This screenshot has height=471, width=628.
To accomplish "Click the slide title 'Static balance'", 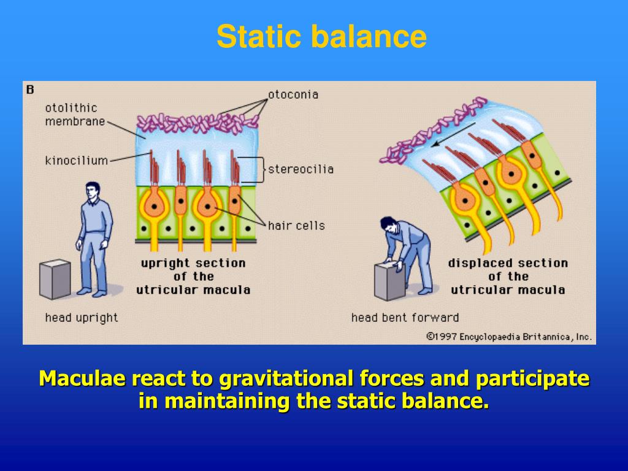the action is (x=321, y=36).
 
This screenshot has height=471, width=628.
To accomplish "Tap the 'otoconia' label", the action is (x=293, y=94).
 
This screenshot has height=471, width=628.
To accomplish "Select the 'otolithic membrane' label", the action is (x=75, y=115).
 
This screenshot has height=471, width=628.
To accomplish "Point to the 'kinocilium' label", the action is (x=77, y=161).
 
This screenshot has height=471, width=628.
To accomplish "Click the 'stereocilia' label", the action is (x=301, y=169).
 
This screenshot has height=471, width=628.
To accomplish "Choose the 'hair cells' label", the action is (x=296, y=226).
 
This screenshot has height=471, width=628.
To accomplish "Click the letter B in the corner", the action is (x=30, y=90).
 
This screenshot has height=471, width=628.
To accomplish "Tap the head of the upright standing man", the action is (x=93, y=191).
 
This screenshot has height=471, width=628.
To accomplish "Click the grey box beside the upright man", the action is (x=55, y=279).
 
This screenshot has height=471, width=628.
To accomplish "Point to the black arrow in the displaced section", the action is (x=453, y=134).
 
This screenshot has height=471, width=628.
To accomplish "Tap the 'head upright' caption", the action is (x=82, y=318).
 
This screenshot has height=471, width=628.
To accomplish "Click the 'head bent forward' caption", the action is (x=405, y=318).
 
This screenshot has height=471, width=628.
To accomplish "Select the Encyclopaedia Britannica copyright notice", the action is (x=508, y=337).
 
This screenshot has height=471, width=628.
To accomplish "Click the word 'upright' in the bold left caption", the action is (x=165, y=264).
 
